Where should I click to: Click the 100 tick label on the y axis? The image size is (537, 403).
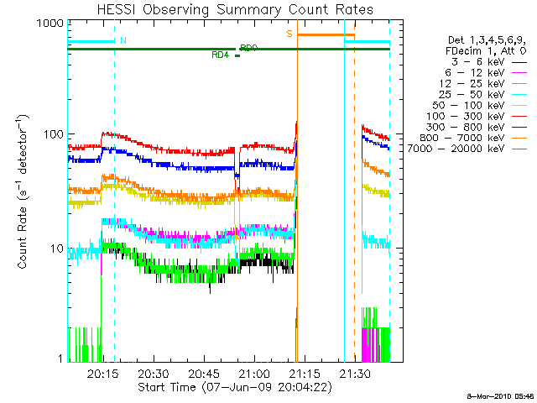coord(52,134)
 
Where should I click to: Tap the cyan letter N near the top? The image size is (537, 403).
coord(123,40)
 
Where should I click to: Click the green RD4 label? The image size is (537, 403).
coord(221,55)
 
